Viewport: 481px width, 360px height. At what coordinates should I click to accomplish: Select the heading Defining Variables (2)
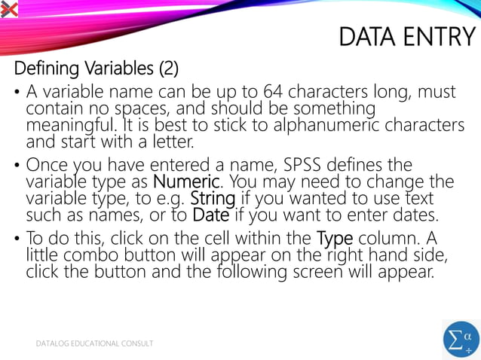(x=97, y=69)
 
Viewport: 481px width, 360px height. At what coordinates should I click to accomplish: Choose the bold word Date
(x=210, y=215)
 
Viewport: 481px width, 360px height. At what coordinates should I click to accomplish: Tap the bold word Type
(x=334, y=239)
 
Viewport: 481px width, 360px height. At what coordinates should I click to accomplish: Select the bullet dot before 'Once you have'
(x=17, y=165)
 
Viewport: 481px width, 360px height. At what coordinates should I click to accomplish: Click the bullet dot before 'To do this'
(x=17, y=239)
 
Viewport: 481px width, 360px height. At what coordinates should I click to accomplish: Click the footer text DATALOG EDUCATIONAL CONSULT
(x=95, y=343)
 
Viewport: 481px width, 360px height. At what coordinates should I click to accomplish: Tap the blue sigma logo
(x=461, y=340)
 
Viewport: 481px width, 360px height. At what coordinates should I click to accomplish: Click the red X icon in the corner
(x=8, y=8)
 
